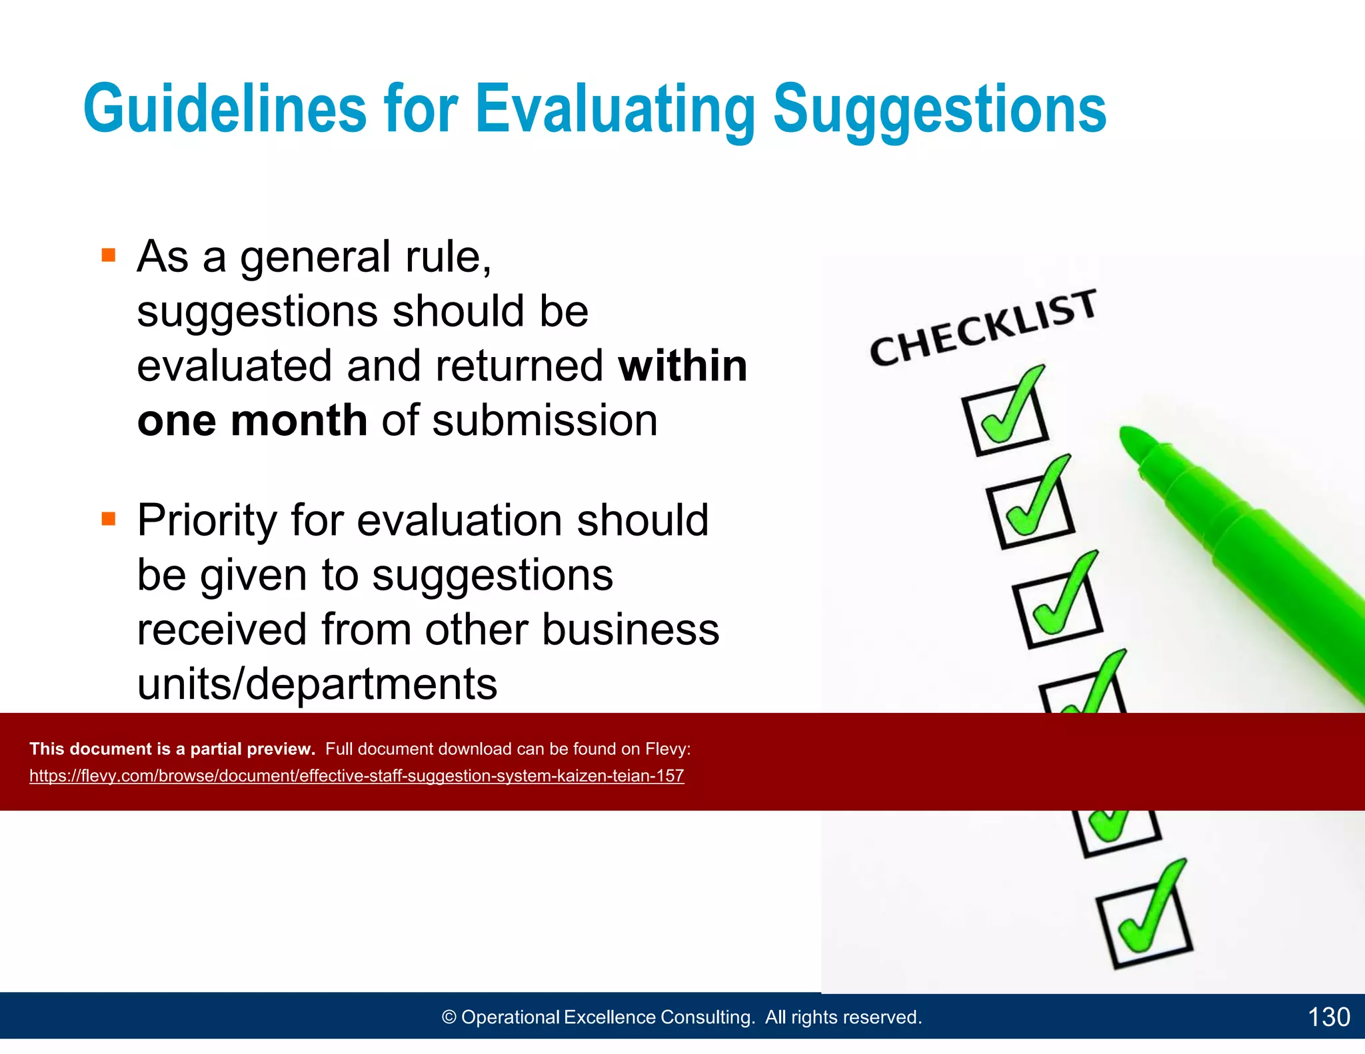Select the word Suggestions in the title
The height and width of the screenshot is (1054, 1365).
point(939,109)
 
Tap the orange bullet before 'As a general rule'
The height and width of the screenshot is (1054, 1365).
point(109,255)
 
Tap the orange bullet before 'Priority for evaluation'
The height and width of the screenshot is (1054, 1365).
point(109,518)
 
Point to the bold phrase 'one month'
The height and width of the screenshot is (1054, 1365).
point(252,420)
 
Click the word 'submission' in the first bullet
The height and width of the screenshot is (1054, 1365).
point(545,420)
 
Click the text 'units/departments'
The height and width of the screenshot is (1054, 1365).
point(317,684)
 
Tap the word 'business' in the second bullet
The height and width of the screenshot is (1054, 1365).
point(631,630)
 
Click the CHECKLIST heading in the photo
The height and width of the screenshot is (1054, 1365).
point(983,328)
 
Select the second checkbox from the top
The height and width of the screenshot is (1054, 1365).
point(1030,514)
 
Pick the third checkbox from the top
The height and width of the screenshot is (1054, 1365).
point(1058,612)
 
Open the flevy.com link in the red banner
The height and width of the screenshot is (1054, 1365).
point(357,776)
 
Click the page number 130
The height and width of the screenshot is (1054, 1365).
point(1328,1017)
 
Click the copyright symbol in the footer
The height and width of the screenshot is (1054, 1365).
point(449,1017)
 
